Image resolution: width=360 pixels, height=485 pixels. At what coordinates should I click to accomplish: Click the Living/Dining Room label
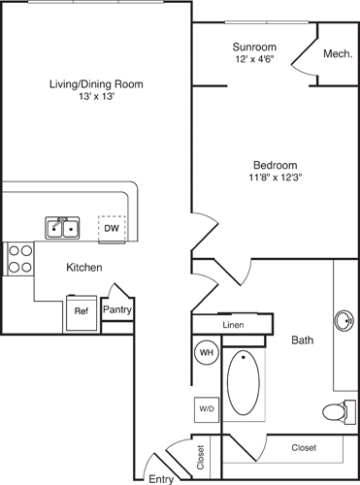click(x=96, y=84)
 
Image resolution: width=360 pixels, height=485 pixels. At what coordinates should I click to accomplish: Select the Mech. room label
click(x=336, y=53)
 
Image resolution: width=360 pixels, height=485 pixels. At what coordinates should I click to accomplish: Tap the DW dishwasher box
click(x=113, y=228)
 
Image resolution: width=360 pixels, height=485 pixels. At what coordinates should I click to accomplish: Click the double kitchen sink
click(x=64, y=228)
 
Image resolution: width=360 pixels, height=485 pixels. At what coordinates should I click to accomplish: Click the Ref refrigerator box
click(x=81, y=311)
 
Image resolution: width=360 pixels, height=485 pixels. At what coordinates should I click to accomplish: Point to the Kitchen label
click(x=84, y=267)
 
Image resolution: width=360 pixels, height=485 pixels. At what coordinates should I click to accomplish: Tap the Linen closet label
click(x=233, y=325)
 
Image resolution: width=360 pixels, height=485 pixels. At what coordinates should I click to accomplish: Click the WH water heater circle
click(x=207, y=352)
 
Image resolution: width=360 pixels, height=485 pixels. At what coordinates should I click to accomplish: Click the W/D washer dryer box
click(x=207, y=407)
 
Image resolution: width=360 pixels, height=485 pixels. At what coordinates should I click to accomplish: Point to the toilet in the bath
click(x=337, y=411)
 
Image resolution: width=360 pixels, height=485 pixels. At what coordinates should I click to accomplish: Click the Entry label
click(x=160, y=477)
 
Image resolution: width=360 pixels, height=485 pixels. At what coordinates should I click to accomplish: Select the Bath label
click(x=302, y=340)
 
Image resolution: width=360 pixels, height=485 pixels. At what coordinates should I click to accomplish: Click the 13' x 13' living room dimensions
click(x=96, y=98)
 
